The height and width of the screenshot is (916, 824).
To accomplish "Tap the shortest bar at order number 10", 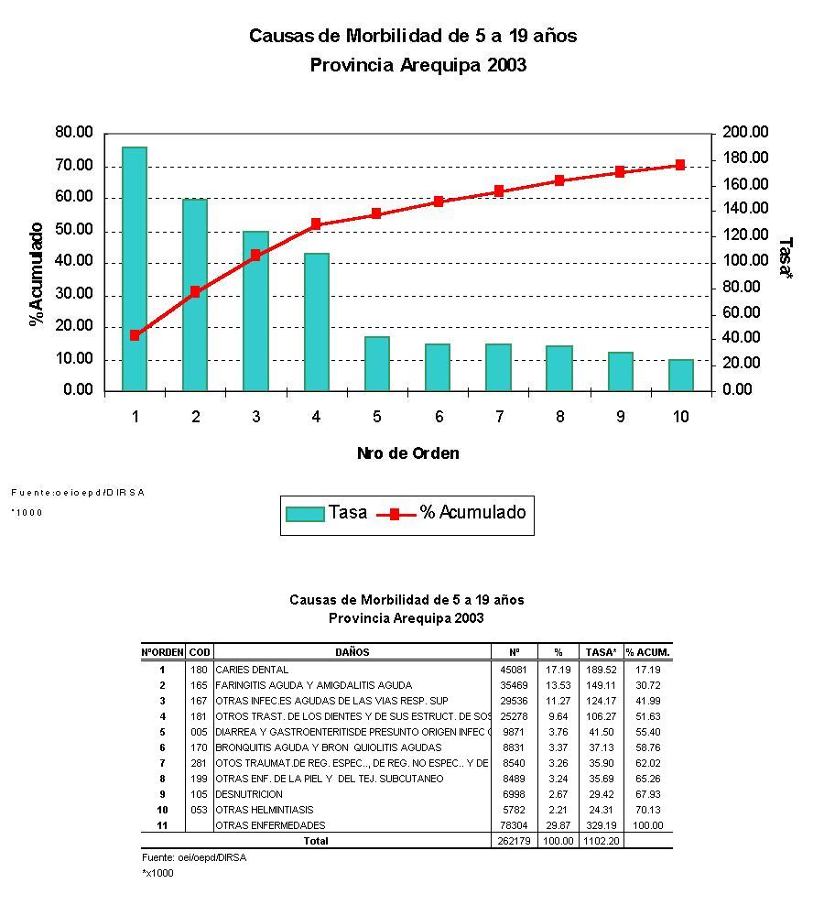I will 680,375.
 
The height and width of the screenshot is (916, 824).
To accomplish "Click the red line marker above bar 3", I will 255,256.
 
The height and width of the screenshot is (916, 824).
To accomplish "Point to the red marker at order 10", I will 680,165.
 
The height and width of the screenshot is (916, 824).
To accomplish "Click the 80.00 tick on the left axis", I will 74,133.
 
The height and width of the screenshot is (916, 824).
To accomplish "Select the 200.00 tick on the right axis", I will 745,133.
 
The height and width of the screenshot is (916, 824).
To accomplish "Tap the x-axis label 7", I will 500,417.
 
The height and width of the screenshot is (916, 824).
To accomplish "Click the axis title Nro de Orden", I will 407,453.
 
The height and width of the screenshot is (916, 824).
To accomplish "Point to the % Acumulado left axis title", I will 37,273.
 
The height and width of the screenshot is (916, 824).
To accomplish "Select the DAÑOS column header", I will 352,652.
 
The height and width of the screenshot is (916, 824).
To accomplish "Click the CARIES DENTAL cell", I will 252,670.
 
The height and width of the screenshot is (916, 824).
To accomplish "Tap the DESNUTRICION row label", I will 249,794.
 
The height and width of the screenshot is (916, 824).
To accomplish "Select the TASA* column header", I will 601,652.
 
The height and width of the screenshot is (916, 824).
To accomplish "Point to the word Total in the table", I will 316,841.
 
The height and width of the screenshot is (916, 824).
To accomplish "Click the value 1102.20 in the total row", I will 601,841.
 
